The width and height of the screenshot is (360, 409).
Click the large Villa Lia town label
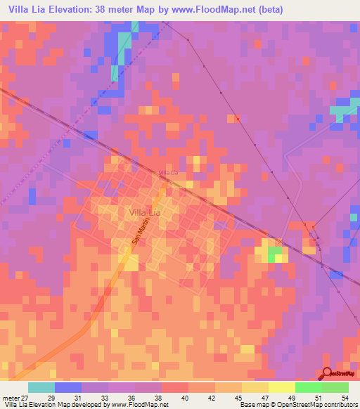(x=145, y=211)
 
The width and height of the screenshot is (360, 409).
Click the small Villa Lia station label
(x=168, y=173)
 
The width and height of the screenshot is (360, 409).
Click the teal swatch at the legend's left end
(x=41, y=387)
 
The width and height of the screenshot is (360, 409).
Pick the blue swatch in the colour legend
(x=67, y=387)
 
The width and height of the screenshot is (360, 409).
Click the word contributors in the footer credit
(x=341, y=405)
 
